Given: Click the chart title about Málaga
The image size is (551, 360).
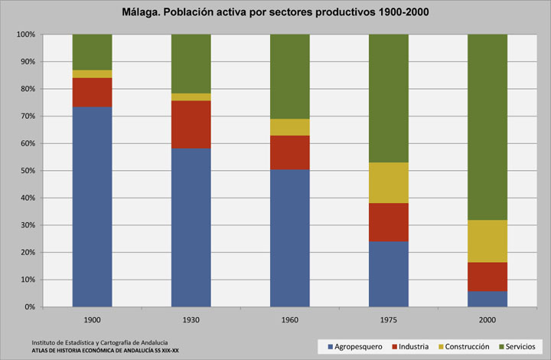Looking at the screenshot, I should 275,12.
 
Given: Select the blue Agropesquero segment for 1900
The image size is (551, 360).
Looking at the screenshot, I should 92,207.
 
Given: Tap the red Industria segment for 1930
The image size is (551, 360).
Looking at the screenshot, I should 191,124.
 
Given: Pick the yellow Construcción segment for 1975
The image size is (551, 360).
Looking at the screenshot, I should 388,182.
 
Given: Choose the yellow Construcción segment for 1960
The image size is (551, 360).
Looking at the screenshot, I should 289,127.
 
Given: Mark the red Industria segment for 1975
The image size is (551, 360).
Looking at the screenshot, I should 388,222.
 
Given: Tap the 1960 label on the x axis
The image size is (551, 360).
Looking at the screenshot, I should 289,319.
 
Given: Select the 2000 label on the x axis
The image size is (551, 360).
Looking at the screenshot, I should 487,319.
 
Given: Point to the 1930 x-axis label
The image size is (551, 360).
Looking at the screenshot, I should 191,319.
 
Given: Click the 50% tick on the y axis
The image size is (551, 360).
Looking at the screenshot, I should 27,171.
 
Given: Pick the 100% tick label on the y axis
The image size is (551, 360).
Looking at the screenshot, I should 25,34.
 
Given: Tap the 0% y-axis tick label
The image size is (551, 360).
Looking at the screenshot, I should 29,307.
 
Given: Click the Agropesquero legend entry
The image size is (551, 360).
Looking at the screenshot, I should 354,346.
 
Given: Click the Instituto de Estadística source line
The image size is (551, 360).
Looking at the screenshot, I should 100,342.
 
